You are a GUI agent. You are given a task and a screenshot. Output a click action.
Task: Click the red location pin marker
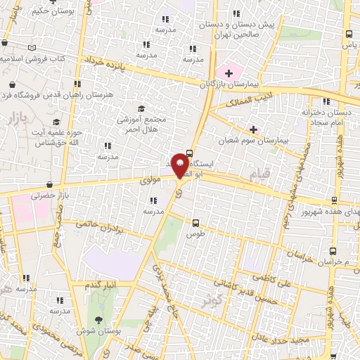point(180,163)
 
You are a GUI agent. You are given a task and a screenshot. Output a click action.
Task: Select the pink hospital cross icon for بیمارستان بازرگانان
point(228,72)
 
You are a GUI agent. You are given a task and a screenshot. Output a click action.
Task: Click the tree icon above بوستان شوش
point(97,320)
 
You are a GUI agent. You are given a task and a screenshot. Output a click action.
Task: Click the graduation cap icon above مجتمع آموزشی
point(141,109)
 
